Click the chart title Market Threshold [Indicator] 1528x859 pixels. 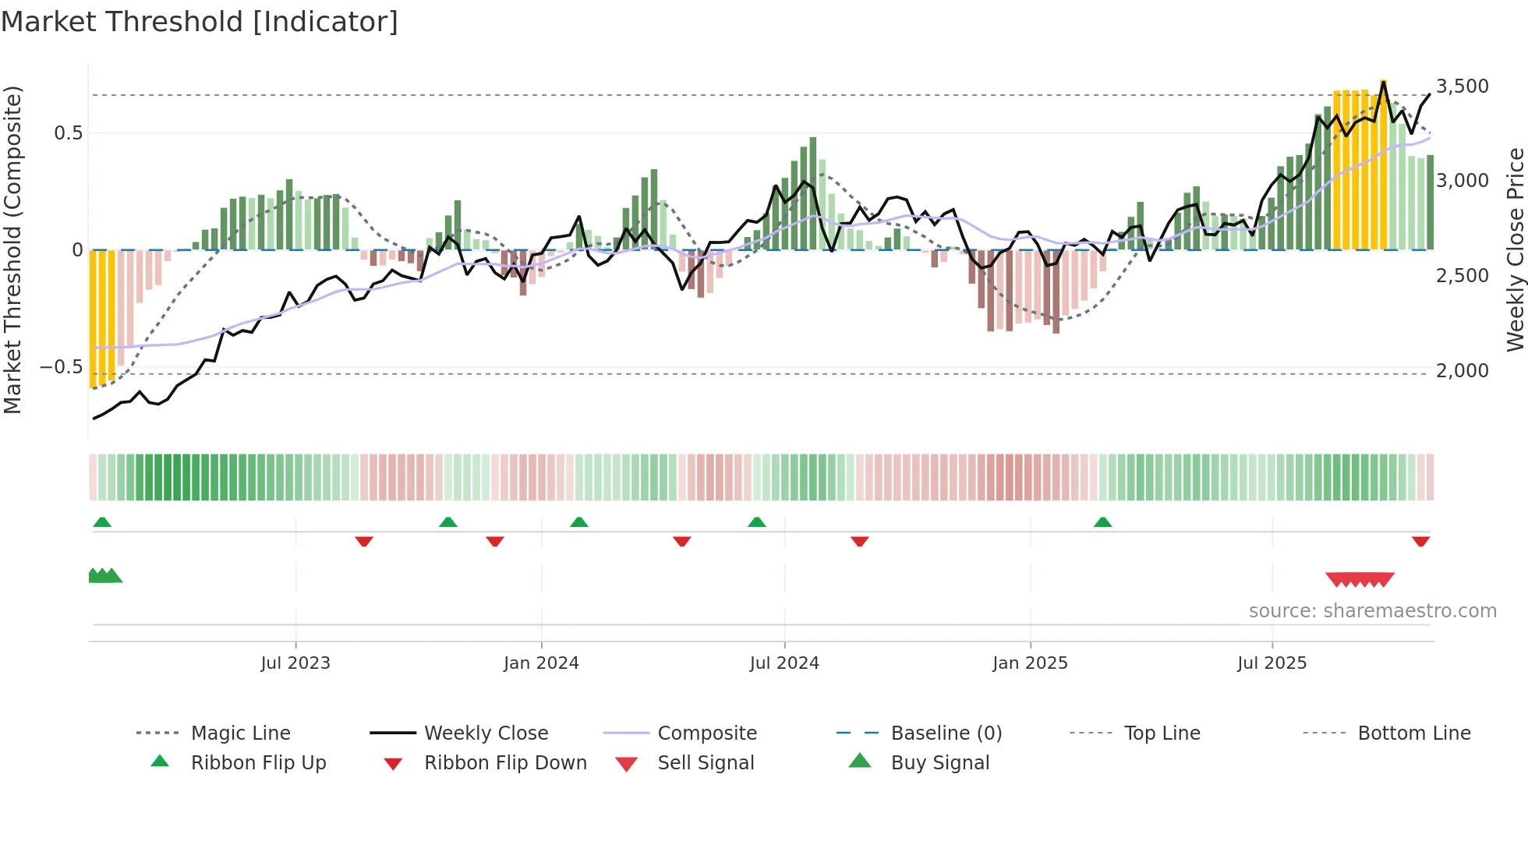click(200, 22)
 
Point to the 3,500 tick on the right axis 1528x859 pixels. click(1462, 86)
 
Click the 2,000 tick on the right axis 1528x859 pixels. click(1462, 370)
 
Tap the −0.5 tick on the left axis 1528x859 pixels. click(61, 366)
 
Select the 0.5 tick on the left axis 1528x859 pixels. click(68, 133)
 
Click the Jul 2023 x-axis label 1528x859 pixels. click(295, 663)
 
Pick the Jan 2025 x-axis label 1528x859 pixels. click(1030, 663)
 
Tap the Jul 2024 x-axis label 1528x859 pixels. click(784, 663)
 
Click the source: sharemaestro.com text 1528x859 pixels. click(1372, 610)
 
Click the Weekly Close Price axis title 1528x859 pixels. click(1515, 249)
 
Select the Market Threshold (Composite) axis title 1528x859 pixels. click(12, 249)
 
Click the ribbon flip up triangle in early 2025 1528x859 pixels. click(1102, 522)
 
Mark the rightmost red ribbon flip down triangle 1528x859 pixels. click(1420, 541)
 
